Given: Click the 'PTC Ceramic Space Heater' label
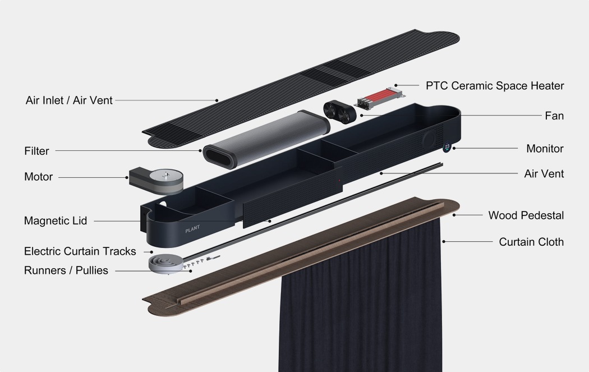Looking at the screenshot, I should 495,86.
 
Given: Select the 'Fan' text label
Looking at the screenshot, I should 554,116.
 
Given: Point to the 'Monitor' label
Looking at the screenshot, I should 545,149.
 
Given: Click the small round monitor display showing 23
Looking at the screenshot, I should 447,146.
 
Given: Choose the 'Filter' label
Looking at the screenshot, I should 36,151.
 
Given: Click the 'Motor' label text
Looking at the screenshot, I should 38,177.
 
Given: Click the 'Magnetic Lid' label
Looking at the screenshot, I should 56,221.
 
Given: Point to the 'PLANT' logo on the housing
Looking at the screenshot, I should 192,229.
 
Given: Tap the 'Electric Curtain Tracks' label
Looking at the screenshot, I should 80,251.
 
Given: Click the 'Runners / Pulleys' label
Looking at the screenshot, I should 66,270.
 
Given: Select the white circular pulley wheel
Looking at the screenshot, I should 165,264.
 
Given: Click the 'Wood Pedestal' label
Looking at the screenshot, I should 526,215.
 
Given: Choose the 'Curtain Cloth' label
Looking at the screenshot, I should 531,242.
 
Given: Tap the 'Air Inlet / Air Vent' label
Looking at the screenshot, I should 69,100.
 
